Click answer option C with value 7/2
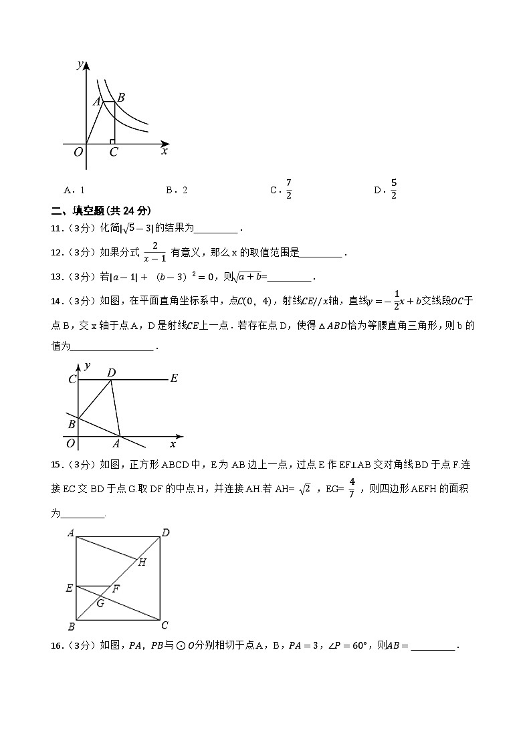click(282, 189)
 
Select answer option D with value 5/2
click(386, 189)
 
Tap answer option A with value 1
click(74, 190)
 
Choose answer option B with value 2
click(177, 190)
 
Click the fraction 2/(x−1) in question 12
click(154, 253)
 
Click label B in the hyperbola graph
click(121, 98)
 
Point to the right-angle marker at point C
click(112, 141)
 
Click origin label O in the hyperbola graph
click(78, 152)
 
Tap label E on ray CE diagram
click(174, 379)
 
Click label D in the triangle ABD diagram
click(111, 372)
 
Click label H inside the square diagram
click(142, 562)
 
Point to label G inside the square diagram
click(100, 603)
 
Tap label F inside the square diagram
click(116, 589)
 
